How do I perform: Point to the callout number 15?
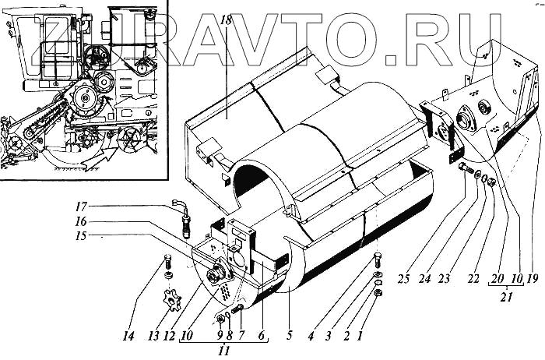tap(104, 235)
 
